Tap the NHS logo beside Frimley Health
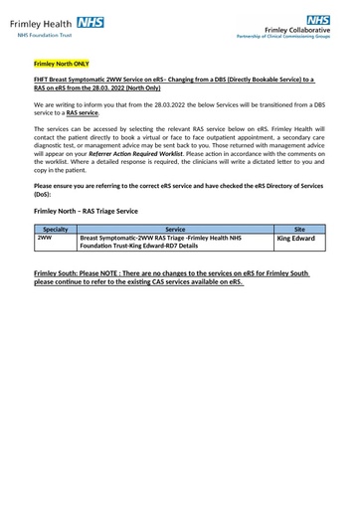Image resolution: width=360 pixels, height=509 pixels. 89,21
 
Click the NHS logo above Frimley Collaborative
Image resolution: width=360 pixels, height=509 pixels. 318,19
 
